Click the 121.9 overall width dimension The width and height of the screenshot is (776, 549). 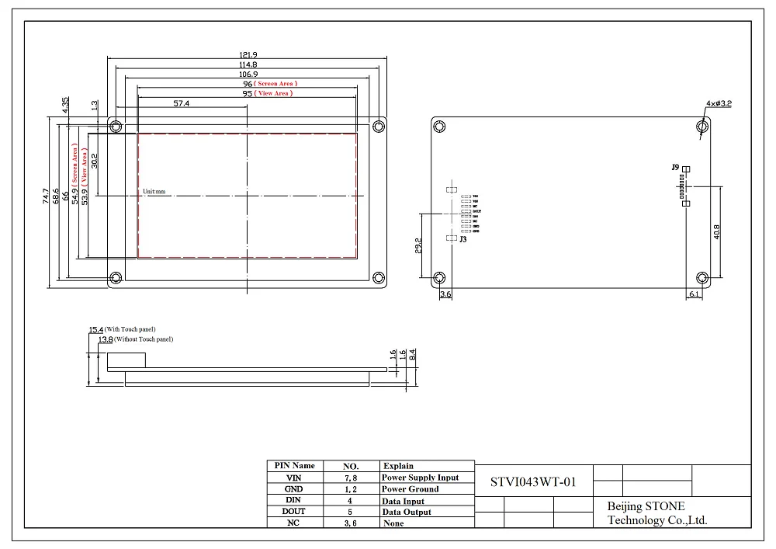point(248,54)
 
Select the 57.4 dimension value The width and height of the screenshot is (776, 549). point(182,103)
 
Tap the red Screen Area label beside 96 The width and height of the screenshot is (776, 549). point(277,83)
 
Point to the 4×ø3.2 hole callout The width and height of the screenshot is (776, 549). point(720,103)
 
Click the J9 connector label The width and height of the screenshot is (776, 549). point(675,168)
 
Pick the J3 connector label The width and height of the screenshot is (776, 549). point(462,240)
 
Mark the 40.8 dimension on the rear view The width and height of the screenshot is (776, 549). point(716,231)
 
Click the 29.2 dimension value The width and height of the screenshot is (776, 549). point(418,245)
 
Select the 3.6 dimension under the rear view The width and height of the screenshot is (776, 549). point(445,295)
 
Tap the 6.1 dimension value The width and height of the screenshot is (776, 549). point(694,295)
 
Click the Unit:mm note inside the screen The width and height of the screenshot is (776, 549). point(154,191)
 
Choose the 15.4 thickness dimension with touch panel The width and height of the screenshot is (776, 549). point(96,330)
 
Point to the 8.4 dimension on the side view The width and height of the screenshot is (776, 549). point(413,353)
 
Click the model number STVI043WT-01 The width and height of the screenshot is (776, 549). point(533,481)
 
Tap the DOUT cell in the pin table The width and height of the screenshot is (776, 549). point(293,512)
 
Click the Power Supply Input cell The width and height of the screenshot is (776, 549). point(420,478)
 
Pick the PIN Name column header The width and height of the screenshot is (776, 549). point(294,466)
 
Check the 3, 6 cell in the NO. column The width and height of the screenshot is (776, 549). point(351,523)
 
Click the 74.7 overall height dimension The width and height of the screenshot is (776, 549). point(47,196)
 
